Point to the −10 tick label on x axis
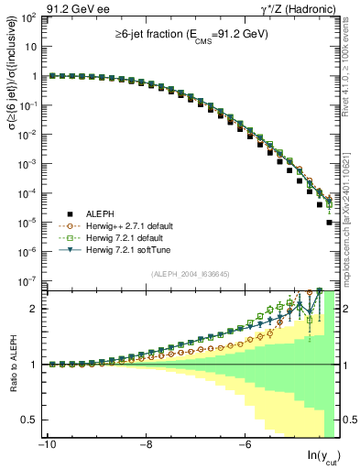pyautogui.click(x=47, y=444)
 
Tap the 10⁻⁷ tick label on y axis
pyautogui.click(x=27, y=281)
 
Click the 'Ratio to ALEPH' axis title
pyautogui.click(x=11, y=364)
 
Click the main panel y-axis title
pyautogui.click(x=11, y=151)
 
